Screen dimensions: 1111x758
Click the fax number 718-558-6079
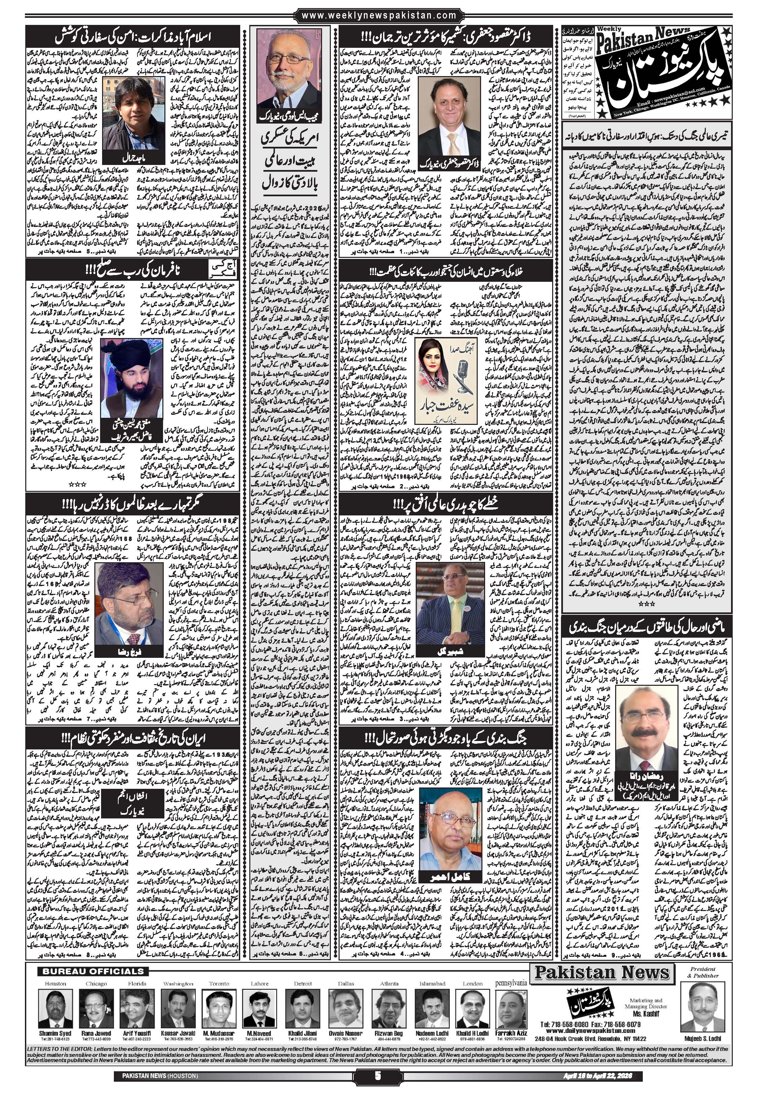[620, 1021]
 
